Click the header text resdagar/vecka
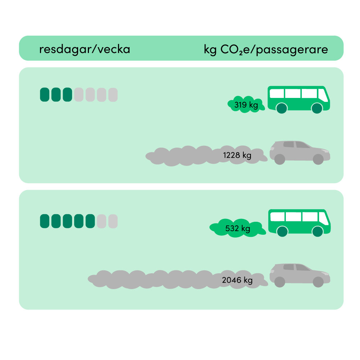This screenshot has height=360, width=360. [x=84, y=49]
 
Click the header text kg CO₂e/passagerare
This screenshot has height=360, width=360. [x=266, y=49]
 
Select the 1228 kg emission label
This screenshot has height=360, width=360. [x=237, y=156]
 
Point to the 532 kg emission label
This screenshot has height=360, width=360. [x=237, y=228]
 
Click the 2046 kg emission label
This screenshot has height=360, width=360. [x=237, y=280]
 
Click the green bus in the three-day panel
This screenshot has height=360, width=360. [x=299, y=98]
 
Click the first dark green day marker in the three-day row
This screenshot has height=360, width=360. [x=44, y=94]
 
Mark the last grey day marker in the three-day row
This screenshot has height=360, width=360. [x=113, y=94]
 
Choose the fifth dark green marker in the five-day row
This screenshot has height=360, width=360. [x=90, y=221]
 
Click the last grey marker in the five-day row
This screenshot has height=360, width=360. [x=113, y=221]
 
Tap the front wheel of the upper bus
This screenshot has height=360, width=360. [x=316, y=108]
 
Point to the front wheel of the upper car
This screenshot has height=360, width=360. [x=318, y=159]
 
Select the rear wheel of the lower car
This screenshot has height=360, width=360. [x=280, y=282]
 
